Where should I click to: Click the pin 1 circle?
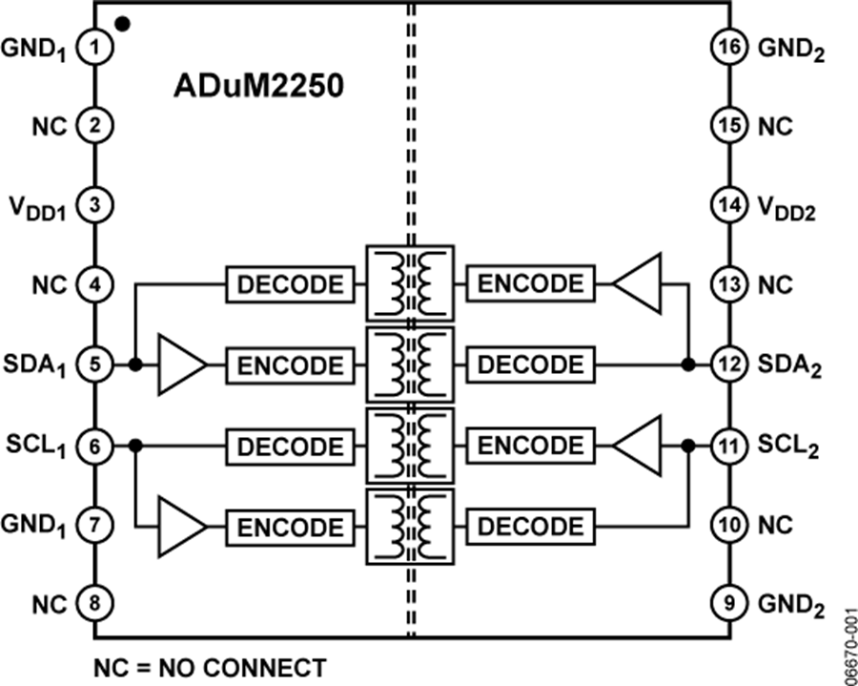pos(94,44)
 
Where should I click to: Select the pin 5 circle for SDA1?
pos(94,364)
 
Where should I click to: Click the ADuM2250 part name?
pos(257,85)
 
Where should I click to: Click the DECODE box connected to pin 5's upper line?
pos(289,283)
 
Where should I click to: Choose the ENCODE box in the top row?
pos(529,283)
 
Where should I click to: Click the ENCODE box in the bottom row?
pos(289,527)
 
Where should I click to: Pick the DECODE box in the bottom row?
pos(529,527)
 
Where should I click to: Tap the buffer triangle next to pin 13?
pos(639,283)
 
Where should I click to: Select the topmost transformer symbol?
pos(411,283)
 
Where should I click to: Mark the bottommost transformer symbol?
pos(411,527)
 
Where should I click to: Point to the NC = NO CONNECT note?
pos(210,667)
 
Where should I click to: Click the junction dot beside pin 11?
pos(687,445)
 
